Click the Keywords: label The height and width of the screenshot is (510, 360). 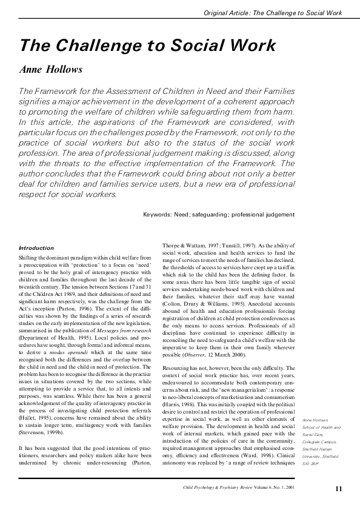pyautogui.click(x=161, y=214)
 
